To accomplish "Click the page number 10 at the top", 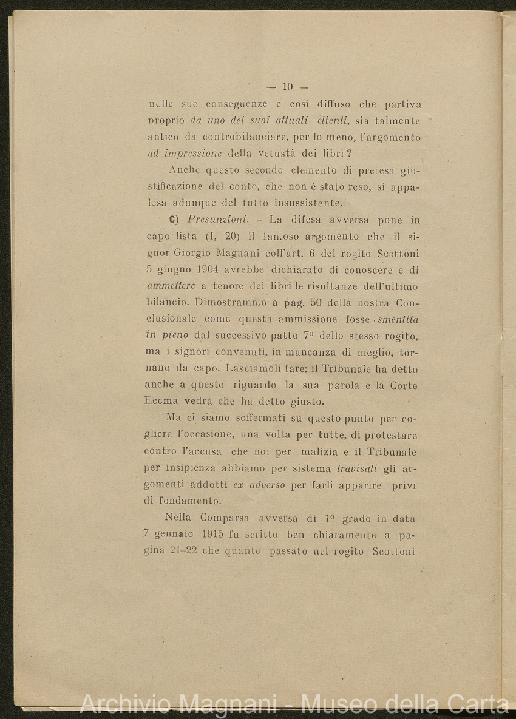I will pos(288,87).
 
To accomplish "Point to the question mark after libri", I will pos(350,154).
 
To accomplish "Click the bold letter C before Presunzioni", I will pos(173,220).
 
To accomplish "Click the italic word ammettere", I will pos(172,286).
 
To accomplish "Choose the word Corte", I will pos(404,385).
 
